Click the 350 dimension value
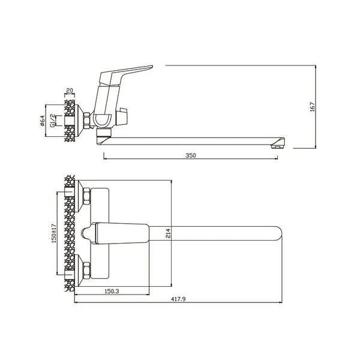click(191, 155)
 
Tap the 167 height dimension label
click(313, 107)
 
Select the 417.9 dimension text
click(178, 299)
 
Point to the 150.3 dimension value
click(112, 291)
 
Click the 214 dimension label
click(168, 233)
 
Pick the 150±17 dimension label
click(54, 233)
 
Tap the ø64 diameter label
click(42, 121)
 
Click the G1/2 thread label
click(53, 121)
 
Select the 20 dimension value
click(70, 91)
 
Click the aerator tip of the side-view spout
click(278, 146)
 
